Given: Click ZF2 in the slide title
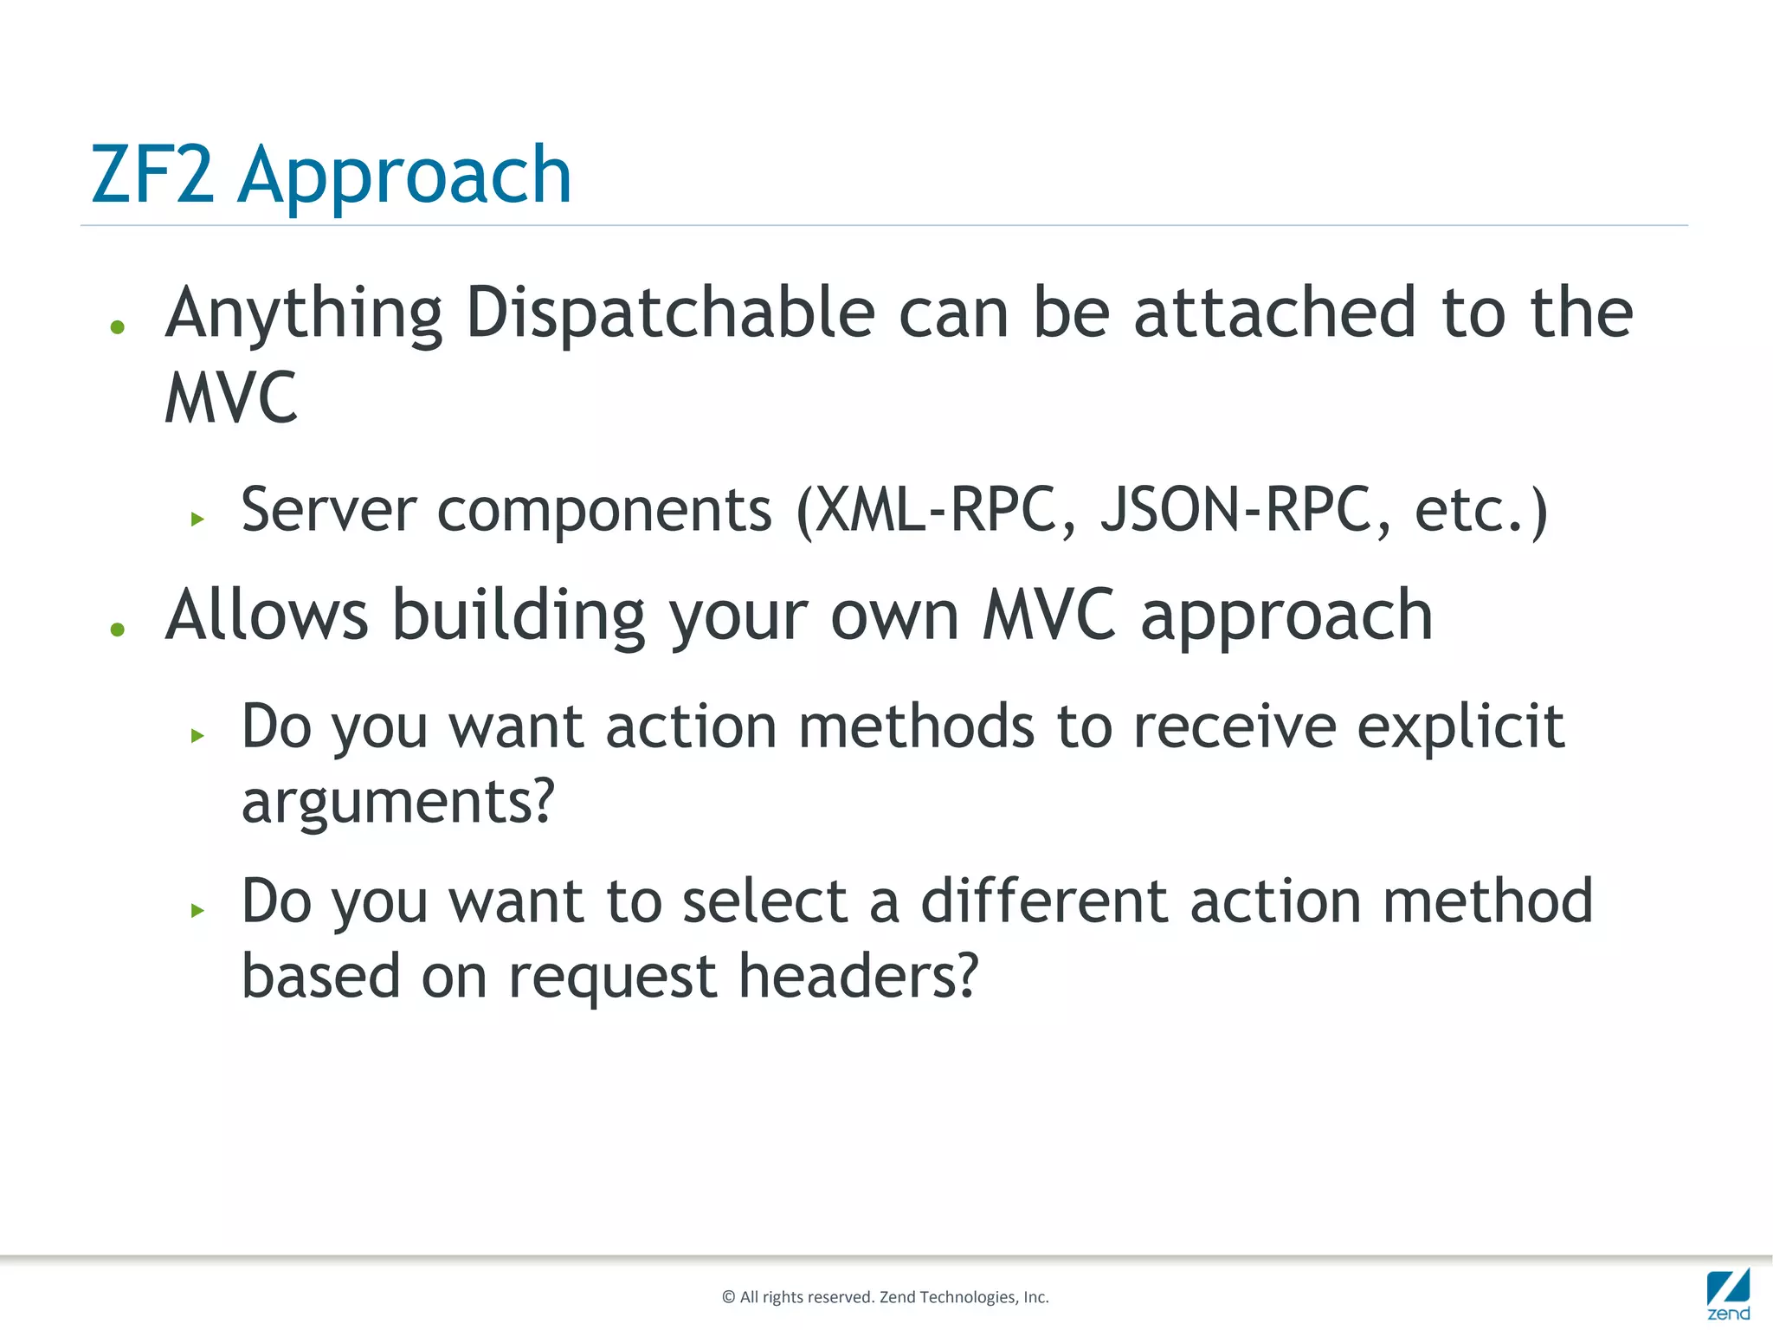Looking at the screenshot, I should point(152,175).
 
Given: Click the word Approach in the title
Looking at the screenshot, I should point(404,178).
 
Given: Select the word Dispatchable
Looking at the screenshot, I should point(670,313).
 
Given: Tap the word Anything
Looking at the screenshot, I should point(304,314).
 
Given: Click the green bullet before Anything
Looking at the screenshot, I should point(118,327).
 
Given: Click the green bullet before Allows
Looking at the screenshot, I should point(118,629).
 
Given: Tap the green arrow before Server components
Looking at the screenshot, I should point(198,520).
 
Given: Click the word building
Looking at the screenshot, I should point(519,616).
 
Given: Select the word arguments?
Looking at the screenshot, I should point(397,802).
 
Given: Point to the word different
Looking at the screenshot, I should point(1044,901).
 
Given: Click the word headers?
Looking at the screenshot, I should point(858,976).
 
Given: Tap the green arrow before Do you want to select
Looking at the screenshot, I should point(198,910).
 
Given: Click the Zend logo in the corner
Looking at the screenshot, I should point(1728,1294).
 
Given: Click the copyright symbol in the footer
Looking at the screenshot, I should point(728,1297).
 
